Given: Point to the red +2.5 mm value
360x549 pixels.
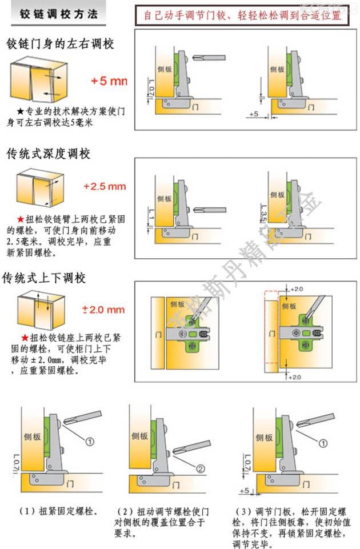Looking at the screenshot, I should pos(104,186).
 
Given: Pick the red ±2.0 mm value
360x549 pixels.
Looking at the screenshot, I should pos(103,310).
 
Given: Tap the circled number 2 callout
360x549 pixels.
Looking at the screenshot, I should pos(200,468).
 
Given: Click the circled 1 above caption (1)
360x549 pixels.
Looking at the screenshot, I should pos(89,441).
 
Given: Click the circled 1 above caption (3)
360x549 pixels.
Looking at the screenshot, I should pos(323,443).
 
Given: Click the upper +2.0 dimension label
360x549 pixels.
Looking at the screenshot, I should pos(296,290).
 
